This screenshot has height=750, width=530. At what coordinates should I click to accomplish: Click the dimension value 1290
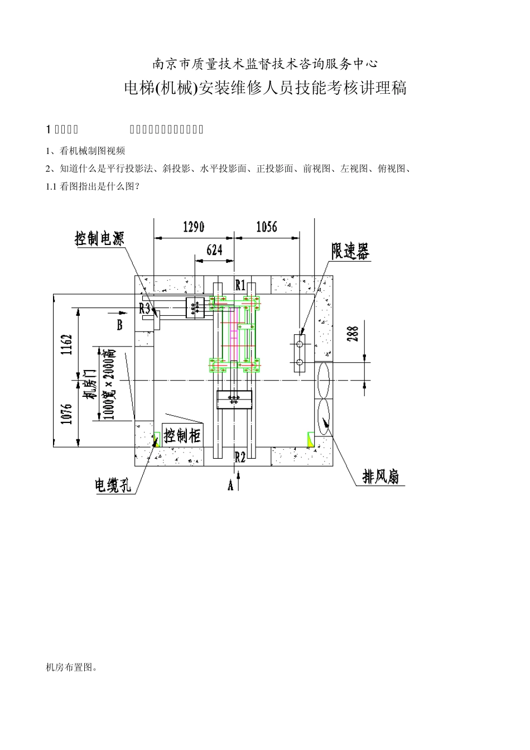tap(193, 227)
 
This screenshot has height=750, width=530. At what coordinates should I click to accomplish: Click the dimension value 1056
tap(266, 227)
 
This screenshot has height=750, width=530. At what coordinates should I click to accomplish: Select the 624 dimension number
tap(214, 250)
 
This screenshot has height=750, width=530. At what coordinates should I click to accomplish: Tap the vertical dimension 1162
tap(66, 345)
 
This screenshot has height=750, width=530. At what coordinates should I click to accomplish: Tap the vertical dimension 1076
tap(66, 414)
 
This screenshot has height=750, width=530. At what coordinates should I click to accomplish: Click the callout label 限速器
tap(350, 252)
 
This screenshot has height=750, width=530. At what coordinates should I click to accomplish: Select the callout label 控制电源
tap(99, 239)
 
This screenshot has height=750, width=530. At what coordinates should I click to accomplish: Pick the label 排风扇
tap(380, 477)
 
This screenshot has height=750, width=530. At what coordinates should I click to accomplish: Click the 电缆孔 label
tap(113, 485)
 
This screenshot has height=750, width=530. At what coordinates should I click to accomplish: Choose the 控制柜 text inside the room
tap(181, 435)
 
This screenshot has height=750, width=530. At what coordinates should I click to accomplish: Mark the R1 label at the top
tap(240, 285)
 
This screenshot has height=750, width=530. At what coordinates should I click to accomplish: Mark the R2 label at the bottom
tap(240, 458)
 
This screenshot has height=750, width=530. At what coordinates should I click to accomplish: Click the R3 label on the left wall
tap(145, 308)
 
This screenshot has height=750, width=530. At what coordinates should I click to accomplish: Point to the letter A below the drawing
tap(230, 485)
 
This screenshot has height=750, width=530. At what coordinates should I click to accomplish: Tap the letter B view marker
tap(119, 325)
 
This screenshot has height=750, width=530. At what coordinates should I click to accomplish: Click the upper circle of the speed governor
tap(300, 344)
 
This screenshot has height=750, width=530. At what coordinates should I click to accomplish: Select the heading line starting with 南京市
tap(265, 64)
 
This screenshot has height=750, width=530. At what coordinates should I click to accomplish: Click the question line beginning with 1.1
tap(93, 187)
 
